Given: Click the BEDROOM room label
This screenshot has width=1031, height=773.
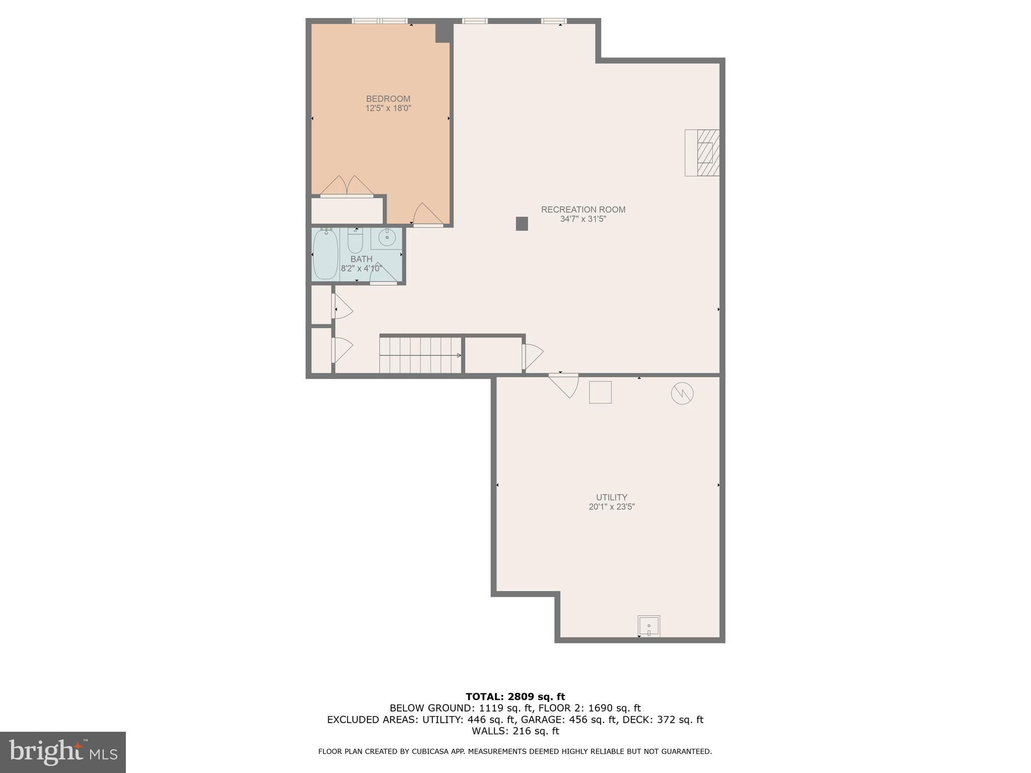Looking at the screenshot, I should [388, 99].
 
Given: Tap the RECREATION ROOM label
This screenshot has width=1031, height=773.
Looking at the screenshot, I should [583, 209].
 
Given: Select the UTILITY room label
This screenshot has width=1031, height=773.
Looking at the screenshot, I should [612, 497].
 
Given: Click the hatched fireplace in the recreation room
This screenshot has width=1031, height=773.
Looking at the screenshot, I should [703, 152].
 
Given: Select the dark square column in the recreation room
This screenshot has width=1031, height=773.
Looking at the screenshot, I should [522, 223].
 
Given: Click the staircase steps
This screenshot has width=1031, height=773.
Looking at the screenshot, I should [420, 355].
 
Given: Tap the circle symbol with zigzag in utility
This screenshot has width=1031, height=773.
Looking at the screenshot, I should [682, 393].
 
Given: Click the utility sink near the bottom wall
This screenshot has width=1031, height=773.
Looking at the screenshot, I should [649, 627].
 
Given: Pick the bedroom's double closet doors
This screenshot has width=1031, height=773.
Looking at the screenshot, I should [346, 186].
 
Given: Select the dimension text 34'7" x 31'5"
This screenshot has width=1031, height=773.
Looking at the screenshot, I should [583, 219].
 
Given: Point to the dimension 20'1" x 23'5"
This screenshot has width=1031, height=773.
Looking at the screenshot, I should [612, 507].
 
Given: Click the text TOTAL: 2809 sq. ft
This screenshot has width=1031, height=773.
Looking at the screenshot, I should [515, 697].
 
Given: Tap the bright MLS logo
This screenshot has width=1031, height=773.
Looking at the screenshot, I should [63, 752].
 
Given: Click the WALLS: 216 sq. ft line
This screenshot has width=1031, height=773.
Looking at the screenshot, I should [515, 731].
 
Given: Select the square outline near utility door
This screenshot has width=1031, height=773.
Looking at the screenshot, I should [600, 392].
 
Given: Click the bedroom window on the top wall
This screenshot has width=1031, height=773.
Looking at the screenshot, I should [379, 21].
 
